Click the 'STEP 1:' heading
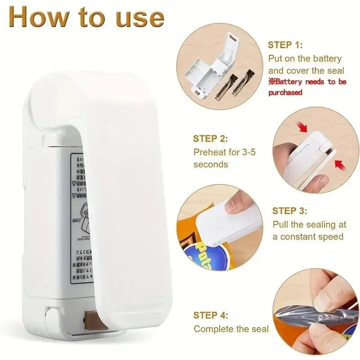285,45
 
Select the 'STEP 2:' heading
211,139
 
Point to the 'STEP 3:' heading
290,211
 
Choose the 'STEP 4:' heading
211,315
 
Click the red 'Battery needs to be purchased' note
307,87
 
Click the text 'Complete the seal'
231,329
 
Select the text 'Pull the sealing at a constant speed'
309,230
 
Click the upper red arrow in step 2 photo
302,126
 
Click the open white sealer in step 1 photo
207,67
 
